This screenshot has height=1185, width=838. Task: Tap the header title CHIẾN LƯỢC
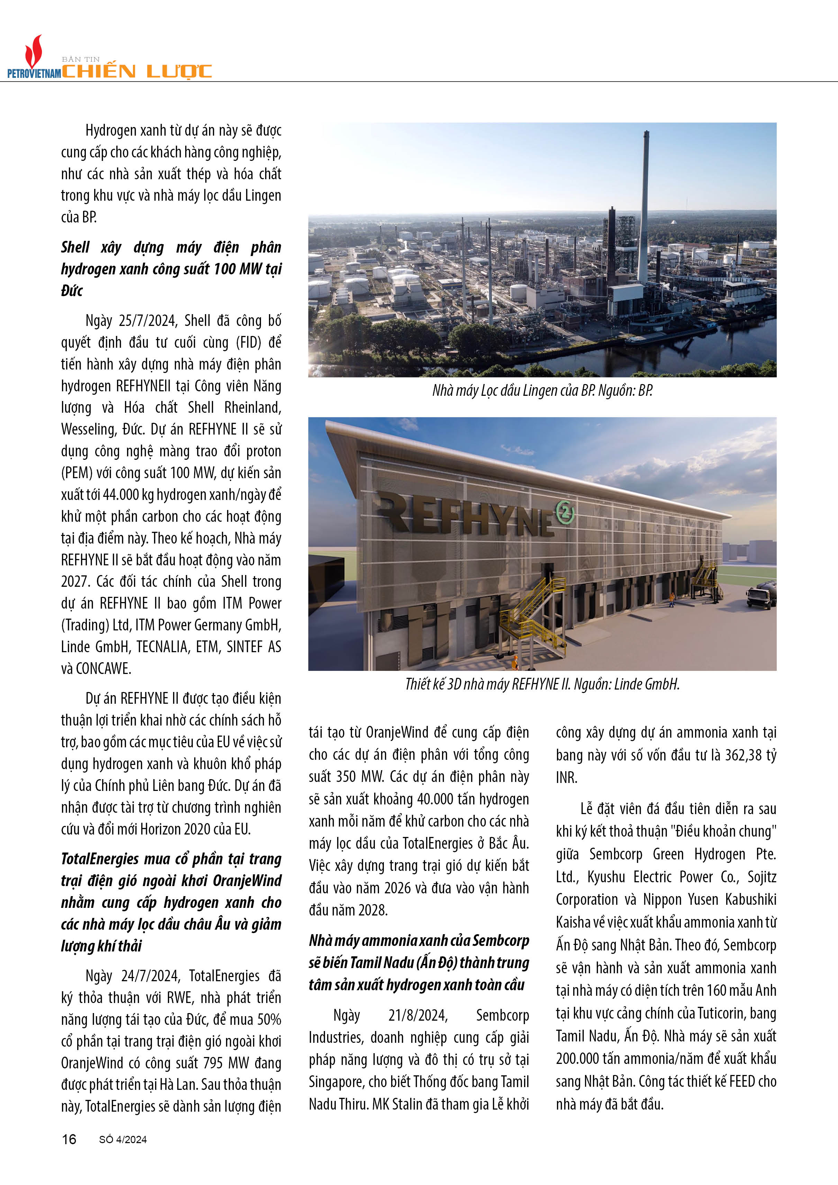[x=137, y=71]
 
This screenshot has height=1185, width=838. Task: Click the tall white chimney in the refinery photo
[x=644, y=207]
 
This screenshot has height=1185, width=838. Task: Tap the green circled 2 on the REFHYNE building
[x=564, y=512]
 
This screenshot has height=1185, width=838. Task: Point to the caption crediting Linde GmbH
[x=542, y=684]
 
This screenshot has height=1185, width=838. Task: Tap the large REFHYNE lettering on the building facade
[x=465, y=513]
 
